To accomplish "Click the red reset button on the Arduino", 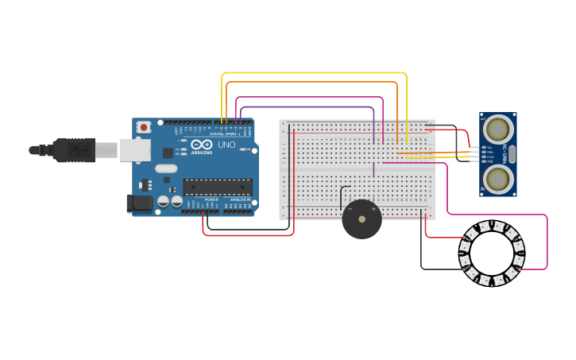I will coord(144,126).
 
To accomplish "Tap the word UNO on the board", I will coord(226,145).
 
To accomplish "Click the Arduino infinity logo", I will coord(202,144).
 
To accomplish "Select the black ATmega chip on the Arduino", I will coord(217,187).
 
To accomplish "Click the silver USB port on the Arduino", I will coord(135,149).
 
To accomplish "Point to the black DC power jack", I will coord(140,203).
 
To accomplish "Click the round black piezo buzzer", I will coord(361,219).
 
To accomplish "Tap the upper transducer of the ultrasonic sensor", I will coord(498,128).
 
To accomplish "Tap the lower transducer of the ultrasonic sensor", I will coord(498,179).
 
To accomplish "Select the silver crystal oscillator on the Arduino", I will coord(166,168).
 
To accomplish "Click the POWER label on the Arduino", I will coord(211,199).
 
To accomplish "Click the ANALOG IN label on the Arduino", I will coord(239,199).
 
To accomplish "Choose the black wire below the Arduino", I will coord(246,230).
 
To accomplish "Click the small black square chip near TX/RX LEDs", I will coord(168,153).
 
